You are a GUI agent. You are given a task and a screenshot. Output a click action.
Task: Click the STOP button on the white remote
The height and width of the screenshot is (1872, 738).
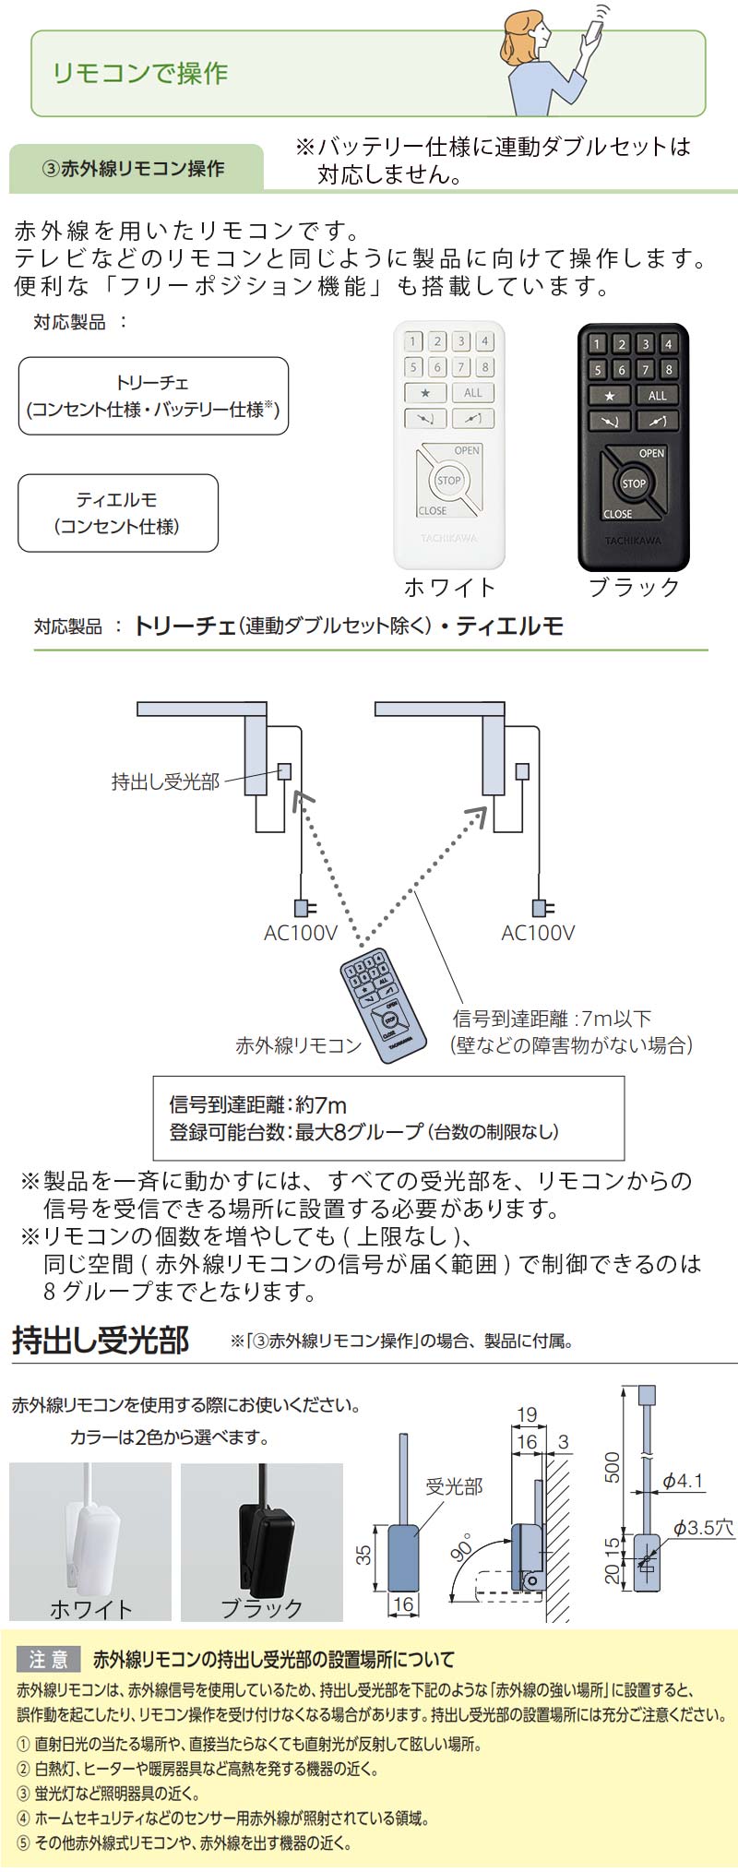coord(448,480)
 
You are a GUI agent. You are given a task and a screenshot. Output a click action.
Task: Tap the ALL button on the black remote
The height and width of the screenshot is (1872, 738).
coord(657,395)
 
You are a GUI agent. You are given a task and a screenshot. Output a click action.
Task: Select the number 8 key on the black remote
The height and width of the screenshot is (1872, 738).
coord(669,369)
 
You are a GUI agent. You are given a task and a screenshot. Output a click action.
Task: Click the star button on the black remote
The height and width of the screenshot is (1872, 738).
coord(609,395)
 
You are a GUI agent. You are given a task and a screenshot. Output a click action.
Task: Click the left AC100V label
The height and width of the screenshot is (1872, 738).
coord(301,933)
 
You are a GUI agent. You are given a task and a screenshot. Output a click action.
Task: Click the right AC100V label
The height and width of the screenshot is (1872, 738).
coord(538,933)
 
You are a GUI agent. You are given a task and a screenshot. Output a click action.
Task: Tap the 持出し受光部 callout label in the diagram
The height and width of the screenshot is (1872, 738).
coord(165,782)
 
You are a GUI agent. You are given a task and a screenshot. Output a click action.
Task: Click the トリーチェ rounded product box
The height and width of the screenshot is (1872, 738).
coord(153,396)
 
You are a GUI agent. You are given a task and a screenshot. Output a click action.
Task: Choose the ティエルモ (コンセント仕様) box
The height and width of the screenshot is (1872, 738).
coord(118,513)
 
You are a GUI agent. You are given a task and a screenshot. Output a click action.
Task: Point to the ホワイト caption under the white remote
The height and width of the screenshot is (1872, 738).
coord(449,588)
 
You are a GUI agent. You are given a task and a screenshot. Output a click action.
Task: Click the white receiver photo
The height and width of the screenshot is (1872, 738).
coord(90,1542)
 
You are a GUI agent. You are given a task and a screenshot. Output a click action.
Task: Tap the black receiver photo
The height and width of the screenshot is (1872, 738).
coord(262,1542)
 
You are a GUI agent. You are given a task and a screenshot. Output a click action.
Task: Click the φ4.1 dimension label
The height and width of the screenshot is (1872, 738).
coord(683,1482)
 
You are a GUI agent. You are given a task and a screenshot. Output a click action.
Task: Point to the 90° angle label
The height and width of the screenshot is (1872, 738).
coord(461,1547)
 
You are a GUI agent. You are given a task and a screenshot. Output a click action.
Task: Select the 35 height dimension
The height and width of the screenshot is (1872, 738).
coord(364,1555)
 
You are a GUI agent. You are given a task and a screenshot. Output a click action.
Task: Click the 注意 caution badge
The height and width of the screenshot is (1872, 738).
coord(49,1686)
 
